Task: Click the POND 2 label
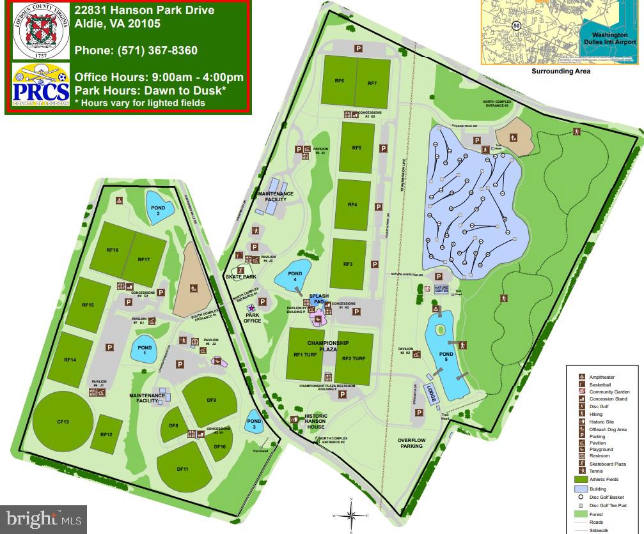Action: tap(158, 211)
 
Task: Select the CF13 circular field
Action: tap(62, 422)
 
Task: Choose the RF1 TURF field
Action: tap(306, 356)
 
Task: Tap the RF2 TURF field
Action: tap(354, 358)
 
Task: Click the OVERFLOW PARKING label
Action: tap(411, 443)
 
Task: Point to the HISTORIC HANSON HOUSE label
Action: tap(316, 422)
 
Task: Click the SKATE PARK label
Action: tap(240, 277)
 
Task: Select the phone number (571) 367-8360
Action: tap(136, 50)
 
